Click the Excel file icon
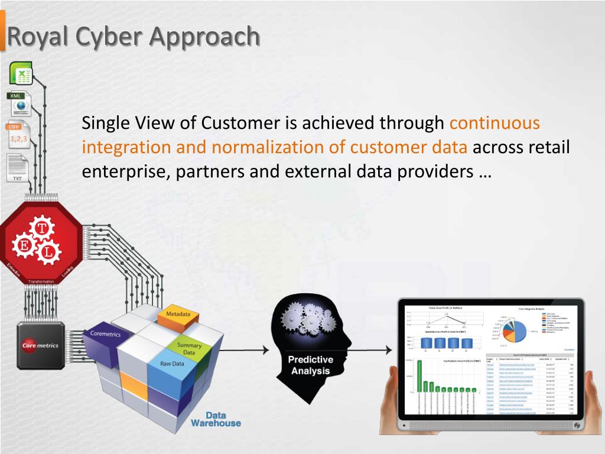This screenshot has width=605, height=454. tap(21, 74)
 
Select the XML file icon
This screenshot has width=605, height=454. tap(20, 104)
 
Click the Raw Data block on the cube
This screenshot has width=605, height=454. tap(172, 364)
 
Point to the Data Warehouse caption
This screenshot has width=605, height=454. tap(216, 419)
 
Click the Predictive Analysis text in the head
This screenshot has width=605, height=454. tap(311, 365)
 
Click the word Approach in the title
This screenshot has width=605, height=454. tap(204, 37)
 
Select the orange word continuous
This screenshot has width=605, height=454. tap(495, 123)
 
